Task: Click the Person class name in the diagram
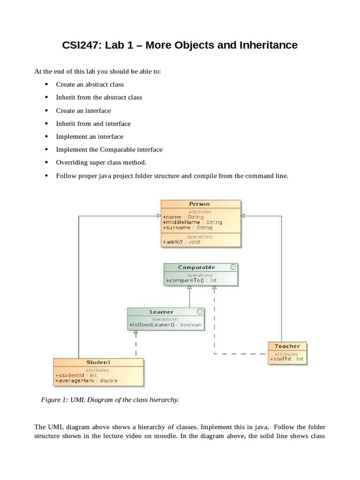click(200, 204)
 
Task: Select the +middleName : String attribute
click(192, 222)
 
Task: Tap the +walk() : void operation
click(181, 242)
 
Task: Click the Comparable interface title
click(196, 267)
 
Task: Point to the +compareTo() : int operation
click(191, 280)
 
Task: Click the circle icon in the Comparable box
click(233, 267)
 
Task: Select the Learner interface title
click(162, 312)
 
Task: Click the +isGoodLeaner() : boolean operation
click(165, 324)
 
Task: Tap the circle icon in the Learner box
click(200, 311)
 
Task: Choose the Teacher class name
click(287, 346)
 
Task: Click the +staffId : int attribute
click(286, 359)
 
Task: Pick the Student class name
click(98, 362)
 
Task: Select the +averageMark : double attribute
click(86, 381)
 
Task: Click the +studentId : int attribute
click(76, 375)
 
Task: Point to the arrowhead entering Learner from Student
click(136, 334)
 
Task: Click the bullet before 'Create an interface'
click(46, 111)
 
